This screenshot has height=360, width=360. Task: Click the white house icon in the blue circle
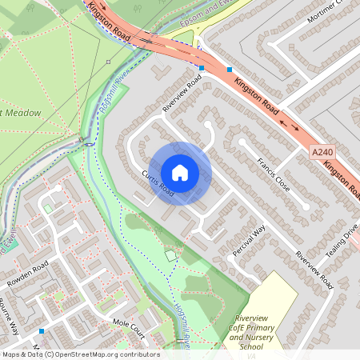[x=180, y=173]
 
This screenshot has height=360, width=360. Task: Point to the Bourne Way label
[x=9, y=317]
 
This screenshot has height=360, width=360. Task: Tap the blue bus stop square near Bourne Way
[x=42, y=330]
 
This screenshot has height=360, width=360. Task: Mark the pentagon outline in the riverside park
[x=170, y=255]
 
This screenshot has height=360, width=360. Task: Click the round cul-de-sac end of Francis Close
[x=306, y=206]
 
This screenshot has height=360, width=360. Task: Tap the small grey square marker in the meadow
[x=107, y=61]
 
